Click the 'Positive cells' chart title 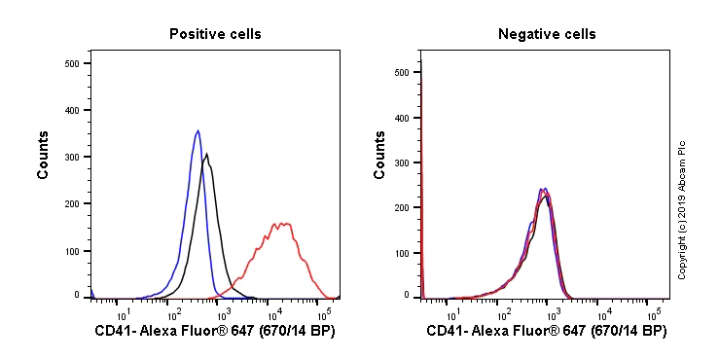click(x=215, y=34)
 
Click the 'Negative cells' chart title click(x=547, y=34)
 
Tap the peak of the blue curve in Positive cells click(x=198, y=130)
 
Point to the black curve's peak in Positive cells click(x=206, y=154)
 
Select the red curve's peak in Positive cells click(x=281, y=223)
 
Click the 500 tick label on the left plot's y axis click(x=71, y=63)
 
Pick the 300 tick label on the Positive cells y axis click(x=71, y=156)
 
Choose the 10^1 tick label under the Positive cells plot click(x=124, y=313)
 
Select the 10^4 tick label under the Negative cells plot click(x=603, y=313)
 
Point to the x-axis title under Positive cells click(x=214, y=332)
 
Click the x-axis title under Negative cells click(x=546, y=332)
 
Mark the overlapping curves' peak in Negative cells click(x=544, y=190)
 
